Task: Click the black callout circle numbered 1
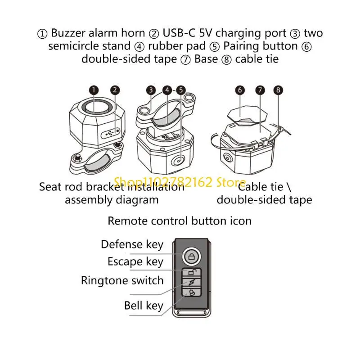93,90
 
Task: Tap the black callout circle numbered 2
115,90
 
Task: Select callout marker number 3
151,90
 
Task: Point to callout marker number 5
181,90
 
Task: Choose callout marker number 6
240,90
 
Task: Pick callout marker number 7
260,90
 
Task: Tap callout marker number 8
279,90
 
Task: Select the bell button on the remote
191,292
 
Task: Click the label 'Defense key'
132,244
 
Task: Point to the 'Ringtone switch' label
122,280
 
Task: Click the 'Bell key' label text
144,306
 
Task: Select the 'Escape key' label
135,261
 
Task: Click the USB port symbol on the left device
111,133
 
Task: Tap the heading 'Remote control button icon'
180,220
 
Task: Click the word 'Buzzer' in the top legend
70,33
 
